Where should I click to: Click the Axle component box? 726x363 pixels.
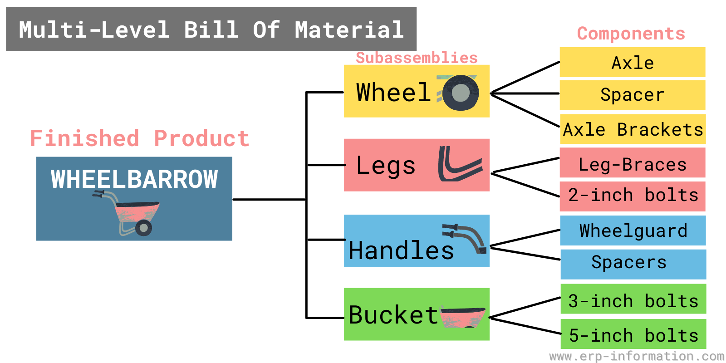633,63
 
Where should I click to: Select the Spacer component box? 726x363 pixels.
633,95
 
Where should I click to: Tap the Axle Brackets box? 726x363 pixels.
633,130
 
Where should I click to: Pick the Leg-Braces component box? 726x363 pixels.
633,163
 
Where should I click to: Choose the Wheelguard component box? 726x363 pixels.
633,231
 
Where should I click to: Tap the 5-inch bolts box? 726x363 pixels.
633,335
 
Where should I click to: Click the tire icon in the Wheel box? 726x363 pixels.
460,93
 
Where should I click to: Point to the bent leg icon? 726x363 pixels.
459,164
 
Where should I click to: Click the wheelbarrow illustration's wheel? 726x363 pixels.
144,228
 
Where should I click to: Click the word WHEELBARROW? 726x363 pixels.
134,179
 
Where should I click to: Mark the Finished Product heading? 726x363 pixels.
140,138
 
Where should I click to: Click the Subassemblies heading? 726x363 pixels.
417,58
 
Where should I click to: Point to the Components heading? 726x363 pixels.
631,34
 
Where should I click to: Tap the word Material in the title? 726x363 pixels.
349,30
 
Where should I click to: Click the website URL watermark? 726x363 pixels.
636,356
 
